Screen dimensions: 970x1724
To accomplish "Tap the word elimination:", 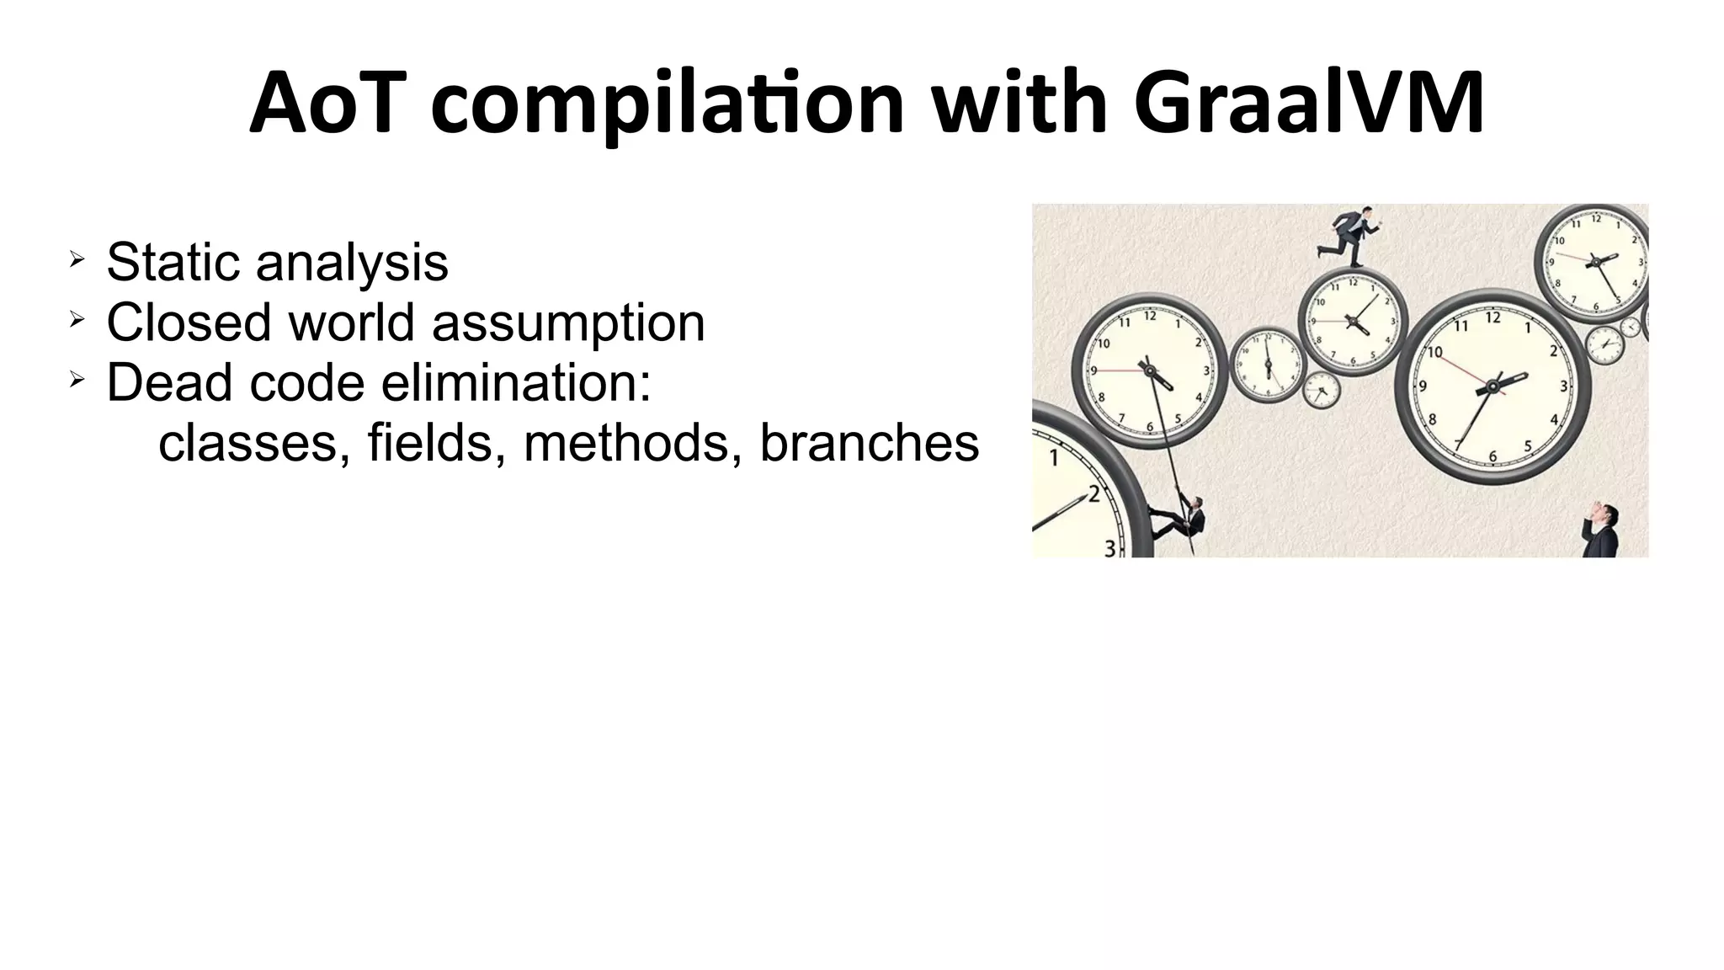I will pos(516,382).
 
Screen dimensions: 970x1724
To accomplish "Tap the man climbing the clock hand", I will pos(1184,518).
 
